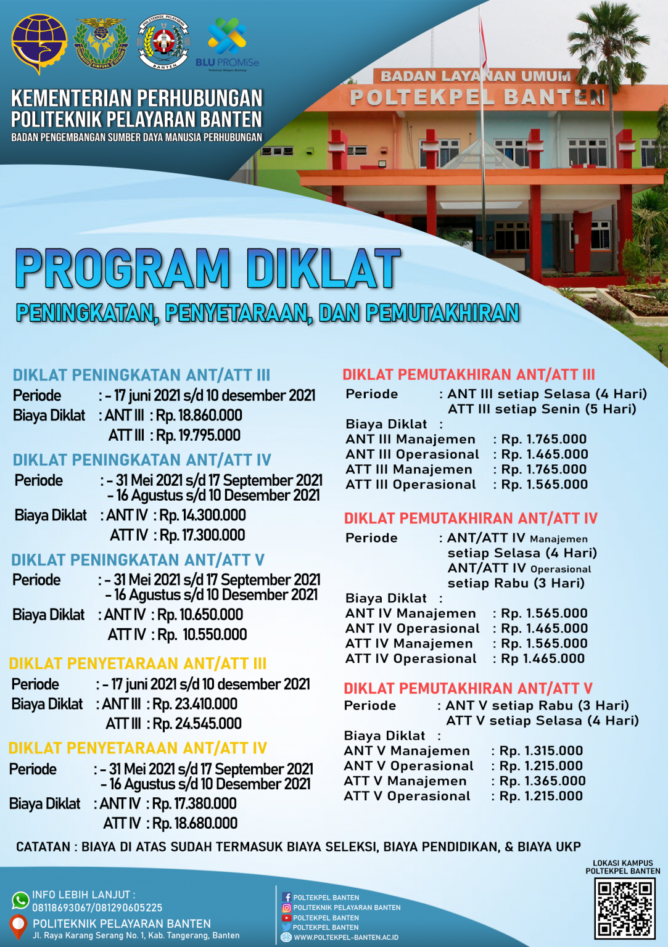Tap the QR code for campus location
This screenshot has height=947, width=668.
(624, 908)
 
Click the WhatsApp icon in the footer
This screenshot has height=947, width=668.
(20, 900)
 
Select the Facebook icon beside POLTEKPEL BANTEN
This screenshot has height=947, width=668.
(287, 898)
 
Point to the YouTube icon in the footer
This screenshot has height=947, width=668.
(287, 917)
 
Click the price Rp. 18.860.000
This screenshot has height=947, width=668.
(199, 416)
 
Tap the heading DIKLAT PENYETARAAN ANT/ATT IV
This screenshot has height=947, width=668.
(138, 748)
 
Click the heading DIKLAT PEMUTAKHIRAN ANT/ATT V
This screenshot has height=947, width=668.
(468, 689)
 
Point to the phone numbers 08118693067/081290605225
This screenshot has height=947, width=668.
(97, 908)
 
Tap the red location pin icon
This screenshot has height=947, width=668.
(19, 925)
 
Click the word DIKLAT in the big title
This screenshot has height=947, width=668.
(324, 269)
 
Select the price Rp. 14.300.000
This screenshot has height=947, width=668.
(202, 515)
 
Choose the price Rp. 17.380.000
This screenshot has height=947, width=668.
(194, 804)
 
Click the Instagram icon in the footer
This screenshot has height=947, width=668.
(287, 908)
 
